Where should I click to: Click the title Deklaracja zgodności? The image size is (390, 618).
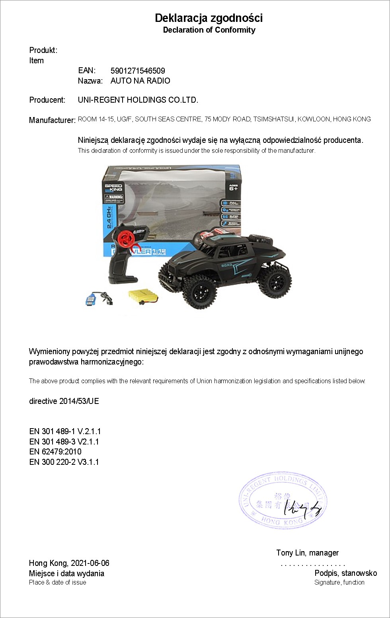(x=209, y=18)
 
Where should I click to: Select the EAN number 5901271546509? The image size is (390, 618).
(x=138, y=71)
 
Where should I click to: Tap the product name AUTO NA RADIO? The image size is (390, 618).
(x=140, y=81)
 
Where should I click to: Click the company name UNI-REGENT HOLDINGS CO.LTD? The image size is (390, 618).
(x=138, y=100)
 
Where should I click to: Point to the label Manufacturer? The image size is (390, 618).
(x=52, y=120)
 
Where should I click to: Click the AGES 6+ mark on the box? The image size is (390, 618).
(x=233, y=187)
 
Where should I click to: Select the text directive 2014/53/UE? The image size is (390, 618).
(x=64, y=401)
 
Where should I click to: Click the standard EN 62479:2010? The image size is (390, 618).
(x=55, y=452)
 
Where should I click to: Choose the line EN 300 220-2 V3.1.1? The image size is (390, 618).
(x=64, y=462)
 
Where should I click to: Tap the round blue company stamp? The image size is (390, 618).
(x=283, y=501)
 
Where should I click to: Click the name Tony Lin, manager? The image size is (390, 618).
(x=307, y=553)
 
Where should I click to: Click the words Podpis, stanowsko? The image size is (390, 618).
(x=345, y=573)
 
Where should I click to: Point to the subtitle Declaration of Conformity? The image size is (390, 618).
(x=209, y=30)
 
